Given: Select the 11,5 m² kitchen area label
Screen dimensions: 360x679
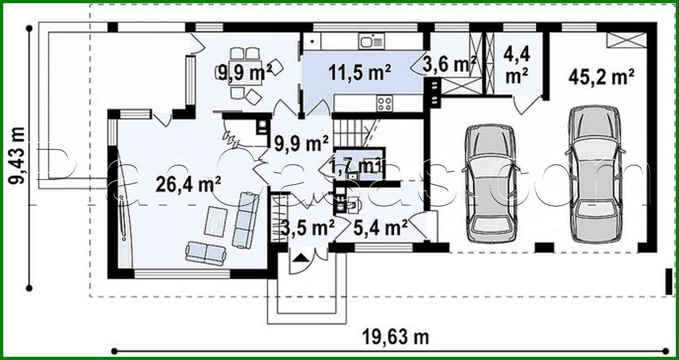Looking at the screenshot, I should [x=360, y=73].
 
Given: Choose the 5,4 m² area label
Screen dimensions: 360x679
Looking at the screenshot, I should [x=380, y=228].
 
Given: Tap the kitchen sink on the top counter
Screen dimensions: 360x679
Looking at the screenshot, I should [x=371, y=42].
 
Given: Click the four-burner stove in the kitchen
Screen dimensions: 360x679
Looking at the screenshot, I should [x=384, y=103].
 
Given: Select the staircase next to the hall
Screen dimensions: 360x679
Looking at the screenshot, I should [x=354, y=134].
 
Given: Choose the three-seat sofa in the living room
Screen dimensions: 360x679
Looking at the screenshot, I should [x=245, y=220].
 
